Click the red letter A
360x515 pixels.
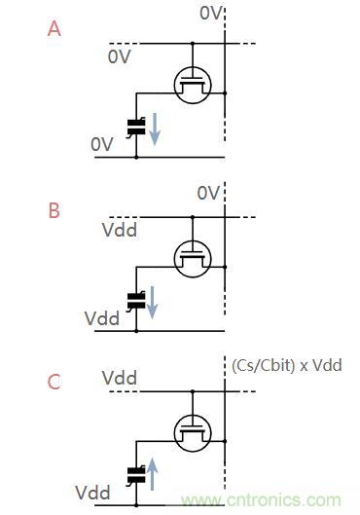point(54,28)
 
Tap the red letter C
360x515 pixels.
point(54,382)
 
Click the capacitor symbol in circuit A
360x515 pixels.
point(135,125)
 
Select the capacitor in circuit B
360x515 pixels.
point(135,299)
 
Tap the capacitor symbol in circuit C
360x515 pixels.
point(135,474)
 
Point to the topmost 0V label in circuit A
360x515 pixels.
point(210,13)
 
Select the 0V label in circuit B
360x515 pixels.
point(208,193)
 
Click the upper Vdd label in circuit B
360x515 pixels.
point(119,231)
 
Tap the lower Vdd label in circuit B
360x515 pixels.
point(102,318)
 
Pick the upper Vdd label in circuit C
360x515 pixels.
point(119,377)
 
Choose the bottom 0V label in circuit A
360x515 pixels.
point(103,143)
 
